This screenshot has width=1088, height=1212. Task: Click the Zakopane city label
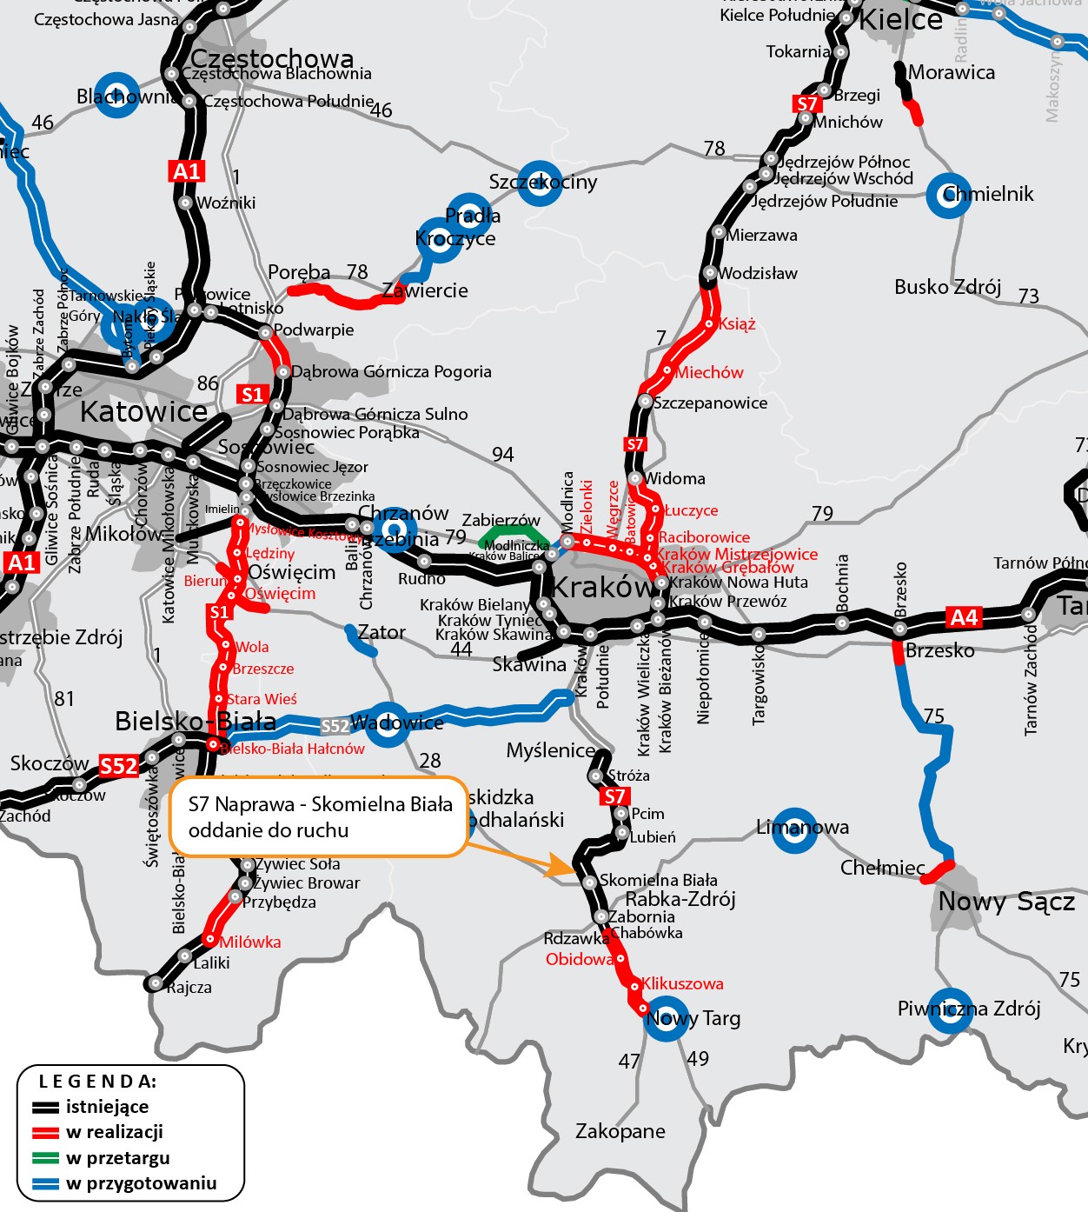[620, 1131]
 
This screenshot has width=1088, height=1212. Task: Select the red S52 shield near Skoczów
[119, 766]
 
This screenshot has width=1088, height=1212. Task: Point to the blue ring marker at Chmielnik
[948, 196]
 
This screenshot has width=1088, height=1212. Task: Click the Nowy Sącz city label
[1006, 902]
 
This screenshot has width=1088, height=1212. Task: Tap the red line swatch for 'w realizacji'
[45, 1132]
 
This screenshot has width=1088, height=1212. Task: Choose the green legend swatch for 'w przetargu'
[45, 1158]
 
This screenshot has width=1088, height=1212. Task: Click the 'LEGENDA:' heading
[97, 1082]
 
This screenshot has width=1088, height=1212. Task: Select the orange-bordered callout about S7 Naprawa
[320, 816]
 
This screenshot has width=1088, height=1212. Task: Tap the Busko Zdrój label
[947, 287]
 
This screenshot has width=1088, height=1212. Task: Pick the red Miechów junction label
[709, 372]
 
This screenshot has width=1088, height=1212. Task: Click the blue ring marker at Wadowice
[388, 723]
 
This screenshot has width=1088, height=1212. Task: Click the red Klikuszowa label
[682, 983]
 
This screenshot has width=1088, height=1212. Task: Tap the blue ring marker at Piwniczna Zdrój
[950, 1010]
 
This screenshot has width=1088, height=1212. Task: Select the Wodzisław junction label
[758, 273]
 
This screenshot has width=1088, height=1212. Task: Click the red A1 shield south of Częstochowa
[187, 170]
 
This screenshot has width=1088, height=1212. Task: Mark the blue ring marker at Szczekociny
[541, 183]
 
